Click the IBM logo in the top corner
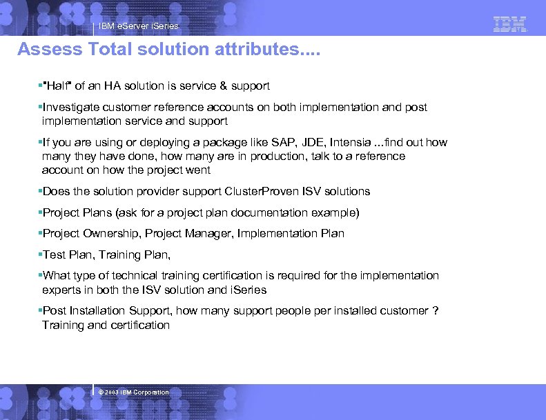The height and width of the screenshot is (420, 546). tap(510, 24)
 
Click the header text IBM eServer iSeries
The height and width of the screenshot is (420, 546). tap(138, 26)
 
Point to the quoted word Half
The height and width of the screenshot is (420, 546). tap(56, 86)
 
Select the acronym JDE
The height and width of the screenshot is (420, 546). tap(298, 143)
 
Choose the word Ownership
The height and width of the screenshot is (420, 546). tap(116, 233)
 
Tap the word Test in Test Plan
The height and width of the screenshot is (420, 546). tap(54, 254)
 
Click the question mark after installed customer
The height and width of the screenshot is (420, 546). tap(435, 310)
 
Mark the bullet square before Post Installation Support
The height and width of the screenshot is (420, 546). tap(40, 311)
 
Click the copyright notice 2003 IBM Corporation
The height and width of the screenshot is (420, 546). tap(134, 392)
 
